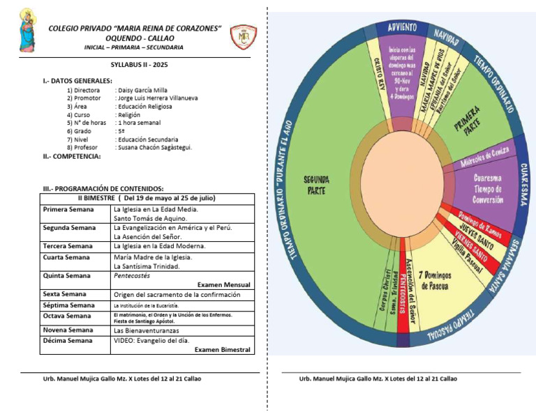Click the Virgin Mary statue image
pos(28,31)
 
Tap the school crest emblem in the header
pos(244,36)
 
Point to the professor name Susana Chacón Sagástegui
pos(154,147)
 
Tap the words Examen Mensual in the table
pos(223,284)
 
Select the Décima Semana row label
pos(67,340)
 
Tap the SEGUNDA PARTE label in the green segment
pos(316,185)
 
